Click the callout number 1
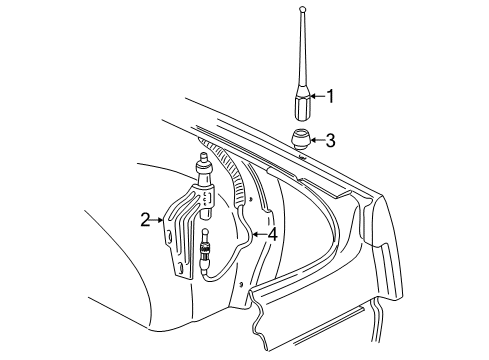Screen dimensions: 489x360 coord(330,97)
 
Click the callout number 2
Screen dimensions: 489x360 coord(145,217)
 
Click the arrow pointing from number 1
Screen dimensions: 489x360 coord(317,97)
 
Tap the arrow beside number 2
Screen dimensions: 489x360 coord(159,217)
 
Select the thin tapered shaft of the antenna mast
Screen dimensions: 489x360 coord(302,55)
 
